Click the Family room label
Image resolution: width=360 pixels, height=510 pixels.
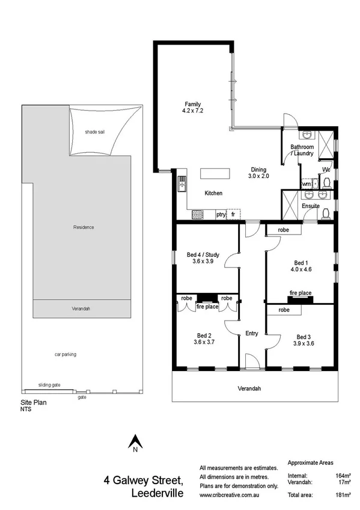192,107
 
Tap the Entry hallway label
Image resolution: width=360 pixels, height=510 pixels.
252,333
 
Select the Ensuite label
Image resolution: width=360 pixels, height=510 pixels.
311,206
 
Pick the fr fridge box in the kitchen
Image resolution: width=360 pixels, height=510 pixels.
233,214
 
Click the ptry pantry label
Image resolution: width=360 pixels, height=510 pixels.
221,214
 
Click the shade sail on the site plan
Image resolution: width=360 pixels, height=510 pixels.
94,132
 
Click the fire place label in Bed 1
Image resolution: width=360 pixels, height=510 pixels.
301,293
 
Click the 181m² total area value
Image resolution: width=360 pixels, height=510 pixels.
343,494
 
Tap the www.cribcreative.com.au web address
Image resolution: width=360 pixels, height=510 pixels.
232,494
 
